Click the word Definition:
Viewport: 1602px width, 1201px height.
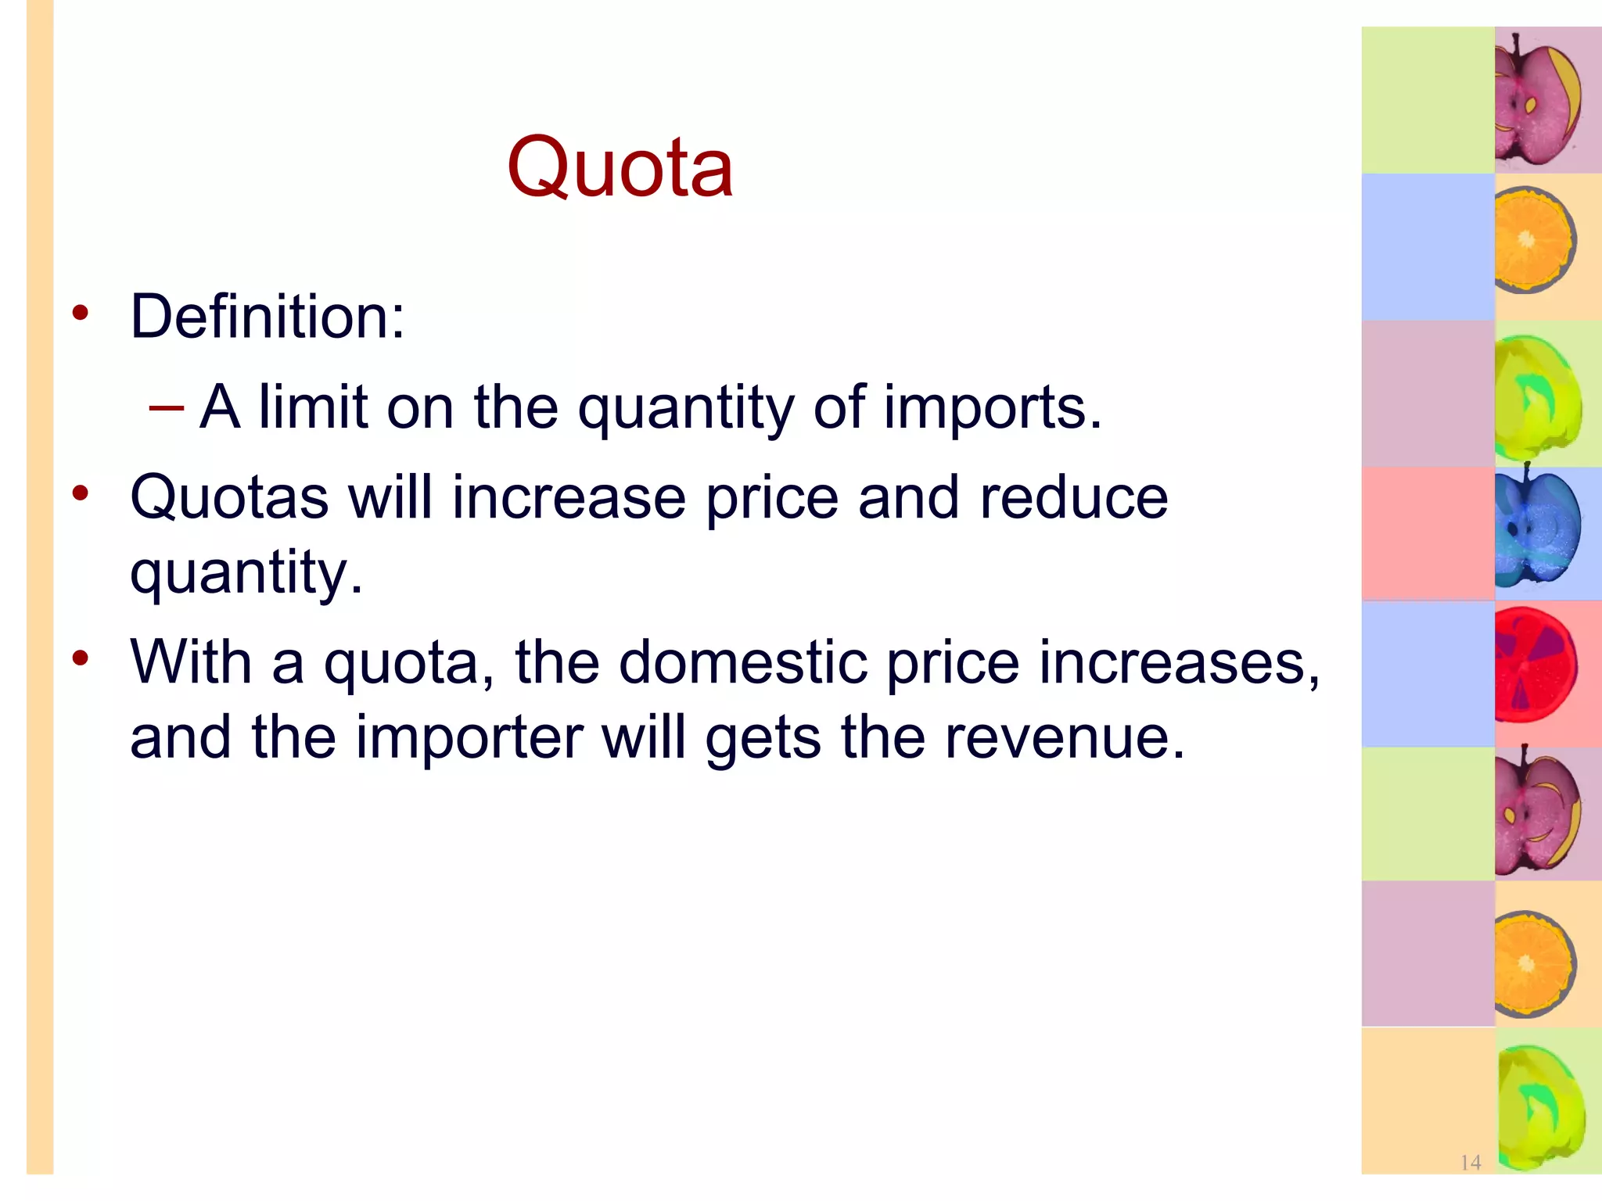(x=268, y=317)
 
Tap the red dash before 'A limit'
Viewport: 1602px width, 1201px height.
(x=166, y=407)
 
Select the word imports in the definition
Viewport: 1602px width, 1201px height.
(x=992, y=408)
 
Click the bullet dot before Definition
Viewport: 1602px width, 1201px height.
(x=81, y=313)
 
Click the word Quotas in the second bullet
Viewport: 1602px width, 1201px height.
(x=229, y=498)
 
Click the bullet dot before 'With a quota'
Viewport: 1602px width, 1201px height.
(x=81, y=658)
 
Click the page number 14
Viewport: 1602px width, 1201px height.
(x=1470, y=1163)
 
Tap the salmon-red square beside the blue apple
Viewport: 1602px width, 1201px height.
(x=1428, y=533)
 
